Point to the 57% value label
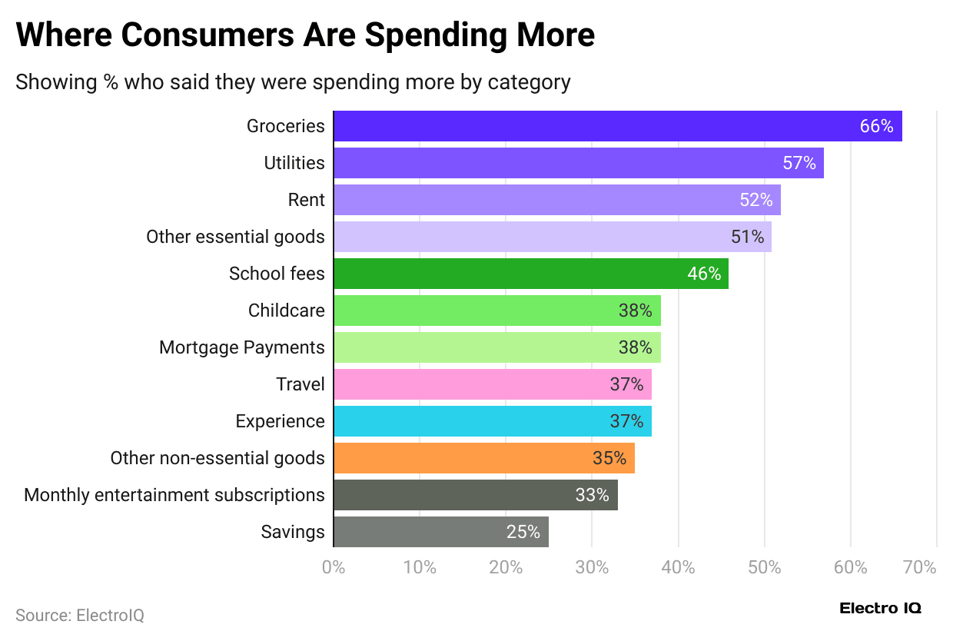[799, 163]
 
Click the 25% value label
[523, 532]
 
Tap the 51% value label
[748, 237]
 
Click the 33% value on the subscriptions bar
[593, 495]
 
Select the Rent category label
[306, 200]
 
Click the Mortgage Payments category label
[242, 347]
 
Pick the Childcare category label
[286, 311]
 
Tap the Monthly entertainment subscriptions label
[174, 495]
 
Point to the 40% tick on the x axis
[679, 568]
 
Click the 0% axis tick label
[334, 568]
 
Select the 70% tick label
[920, 568]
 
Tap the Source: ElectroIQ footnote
[80, 616]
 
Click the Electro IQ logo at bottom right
[880, 609]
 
